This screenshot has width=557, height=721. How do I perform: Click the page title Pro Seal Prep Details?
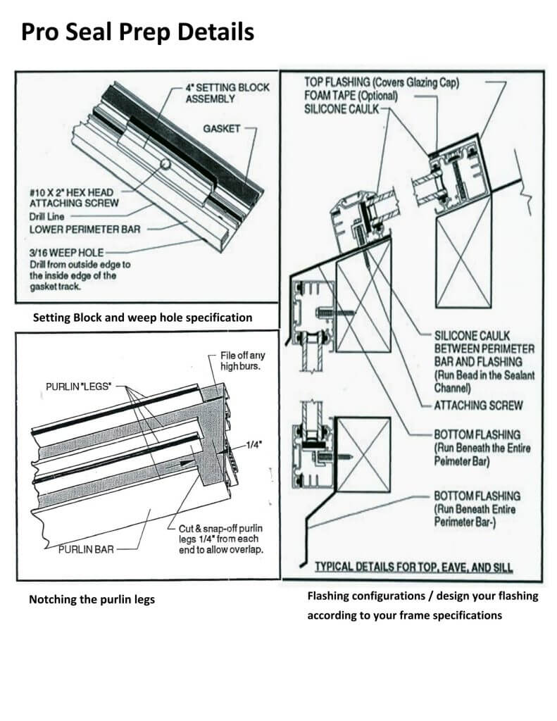(x=137, y=32)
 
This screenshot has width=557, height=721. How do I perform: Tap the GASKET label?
(x=223, y=129)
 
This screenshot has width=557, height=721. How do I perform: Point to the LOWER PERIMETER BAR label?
(x=77, y=228)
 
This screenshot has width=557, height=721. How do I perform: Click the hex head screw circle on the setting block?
(x=164, y=164)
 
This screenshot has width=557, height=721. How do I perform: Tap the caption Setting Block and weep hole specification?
(x=142, y=318)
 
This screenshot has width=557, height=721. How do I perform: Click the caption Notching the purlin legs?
(x=92, y=600)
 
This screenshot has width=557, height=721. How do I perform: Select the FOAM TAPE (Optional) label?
(x=350, y=96)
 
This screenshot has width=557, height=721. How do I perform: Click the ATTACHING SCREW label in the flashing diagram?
(x=478, y=406)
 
